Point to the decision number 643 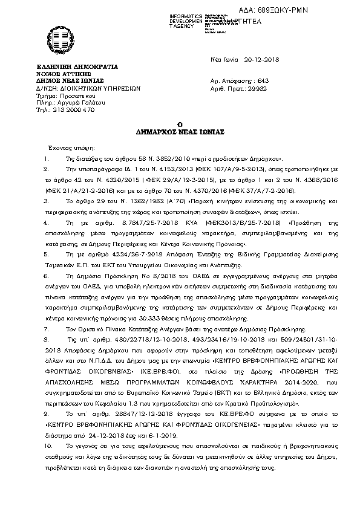262,80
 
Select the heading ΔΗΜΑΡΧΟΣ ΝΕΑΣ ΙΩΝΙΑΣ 179,131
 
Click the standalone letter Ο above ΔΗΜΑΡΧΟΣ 180,123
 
